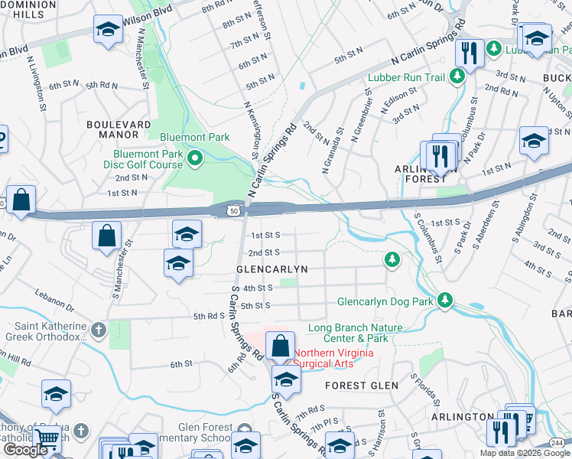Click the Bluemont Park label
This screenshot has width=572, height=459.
coord(194,137)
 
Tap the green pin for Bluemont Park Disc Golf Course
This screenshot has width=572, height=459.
coord(194,159)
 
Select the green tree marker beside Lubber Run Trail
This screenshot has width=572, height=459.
coord(457,76)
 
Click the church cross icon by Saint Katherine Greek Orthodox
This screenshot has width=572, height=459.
coord(98,330)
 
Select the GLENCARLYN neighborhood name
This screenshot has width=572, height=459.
coord(271,270)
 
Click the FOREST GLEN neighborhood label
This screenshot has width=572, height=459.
coord(358,386)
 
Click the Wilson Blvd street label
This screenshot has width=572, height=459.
coord(147,13)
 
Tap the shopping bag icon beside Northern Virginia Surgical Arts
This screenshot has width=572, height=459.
coord(281,346)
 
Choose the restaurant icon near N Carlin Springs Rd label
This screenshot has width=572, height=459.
coord(467,53)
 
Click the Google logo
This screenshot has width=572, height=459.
coord(25,450)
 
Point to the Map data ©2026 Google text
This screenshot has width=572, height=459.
coord(525,453)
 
